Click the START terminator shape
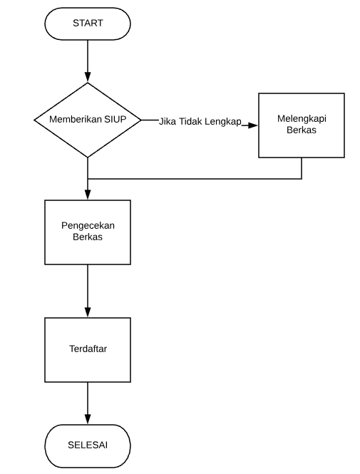88,24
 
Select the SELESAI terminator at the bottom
88,445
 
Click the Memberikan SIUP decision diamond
88,120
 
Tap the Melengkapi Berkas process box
301,125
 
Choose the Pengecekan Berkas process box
88,232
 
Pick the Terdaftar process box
88,349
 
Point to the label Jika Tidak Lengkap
200,120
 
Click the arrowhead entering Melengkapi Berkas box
252,125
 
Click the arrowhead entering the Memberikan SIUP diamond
88,78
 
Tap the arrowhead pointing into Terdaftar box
88,312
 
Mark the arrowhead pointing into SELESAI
88,419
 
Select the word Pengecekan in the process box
88,225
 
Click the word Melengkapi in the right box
301,120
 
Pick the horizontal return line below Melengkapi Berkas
192,178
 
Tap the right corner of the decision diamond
140,120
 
